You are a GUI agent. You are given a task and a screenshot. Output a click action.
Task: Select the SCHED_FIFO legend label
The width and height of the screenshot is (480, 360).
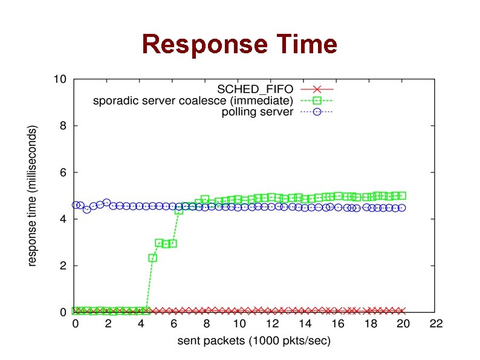[x=259, y=89]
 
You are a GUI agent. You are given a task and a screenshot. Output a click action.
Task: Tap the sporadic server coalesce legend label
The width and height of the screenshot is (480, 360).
[x=193, y=100]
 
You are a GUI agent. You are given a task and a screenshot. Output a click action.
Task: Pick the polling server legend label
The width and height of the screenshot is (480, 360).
[x=258, y=112]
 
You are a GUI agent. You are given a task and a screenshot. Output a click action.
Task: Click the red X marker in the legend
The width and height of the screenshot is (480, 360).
[x=316, y=89]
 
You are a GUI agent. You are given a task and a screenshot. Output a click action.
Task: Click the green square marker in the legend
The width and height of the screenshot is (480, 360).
[x=316, y=100]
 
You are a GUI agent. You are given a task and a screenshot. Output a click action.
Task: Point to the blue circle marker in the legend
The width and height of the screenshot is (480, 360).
[x=316, y=112]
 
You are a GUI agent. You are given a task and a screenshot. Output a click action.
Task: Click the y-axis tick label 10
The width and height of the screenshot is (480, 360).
[x=60, y=79]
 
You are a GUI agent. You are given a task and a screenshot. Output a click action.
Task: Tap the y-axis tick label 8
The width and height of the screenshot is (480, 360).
[x=63, y=126]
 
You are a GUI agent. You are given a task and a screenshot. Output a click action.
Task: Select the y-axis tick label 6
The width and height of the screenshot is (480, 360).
[x=63, y=172]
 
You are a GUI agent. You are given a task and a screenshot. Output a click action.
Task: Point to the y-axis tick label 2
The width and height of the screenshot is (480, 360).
[x=63, y=266]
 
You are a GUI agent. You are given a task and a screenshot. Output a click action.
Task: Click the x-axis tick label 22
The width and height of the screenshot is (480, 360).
[x=436, y=324]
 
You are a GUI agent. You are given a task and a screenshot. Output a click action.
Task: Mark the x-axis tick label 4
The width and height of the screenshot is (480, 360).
[x=141, y=324]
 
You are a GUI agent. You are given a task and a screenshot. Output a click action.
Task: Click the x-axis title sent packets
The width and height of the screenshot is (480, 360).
[x=254, y=341]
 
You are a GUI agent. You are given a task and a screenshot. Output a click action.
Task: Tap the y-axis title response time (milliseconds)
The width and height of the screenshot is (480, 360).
[x=33, y=195]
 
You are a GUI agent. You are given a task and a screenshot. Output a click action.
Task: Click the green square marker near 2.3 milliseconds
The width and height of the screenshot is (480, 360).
[x=153, y=258]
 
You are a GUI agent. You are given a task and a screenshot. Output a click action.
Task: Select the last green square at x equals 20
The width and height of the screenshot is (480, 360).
[x=402, y=195]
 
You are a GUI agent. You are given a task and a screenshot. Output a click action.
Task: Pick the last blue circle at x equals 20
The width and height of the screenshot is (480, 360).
[x=402, y=208]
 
